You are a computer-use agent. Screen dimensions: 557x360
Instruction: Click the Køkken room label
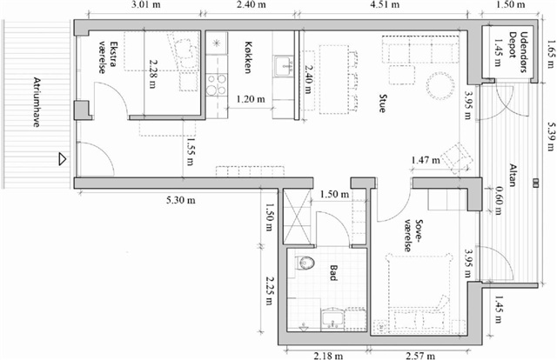click(x=248, y=57)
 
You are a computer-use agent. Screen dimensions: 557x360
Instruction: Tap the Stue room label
click(x=382, y=103)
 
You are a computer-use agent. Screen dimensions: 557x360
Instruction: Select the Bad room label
click(x=333, y=273)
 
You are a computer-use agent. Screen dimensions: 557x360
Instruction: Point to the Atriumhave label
click(x=37, y=102)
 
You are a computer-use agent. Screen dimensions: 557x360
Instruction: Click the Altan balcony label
click(x=513, y=175)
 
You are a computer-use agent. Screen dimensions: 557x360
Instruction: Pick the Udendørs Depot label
click(x=518, y=52)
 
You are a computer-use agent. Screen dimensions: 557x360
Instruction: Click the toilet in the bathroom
click(x=305, y=263)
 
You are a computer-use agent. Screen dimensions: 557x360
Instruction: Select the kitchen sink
click(x=284, y=66)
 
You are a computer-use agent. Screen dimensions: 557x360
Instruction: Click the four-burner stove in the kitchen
click(x=217, y=84)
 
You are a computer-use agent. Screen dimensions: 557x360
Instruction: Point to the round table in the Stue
click(x=440, y=87)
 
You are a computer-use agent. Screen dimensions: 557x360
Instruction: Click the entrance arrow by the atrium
click(x=63, y=159)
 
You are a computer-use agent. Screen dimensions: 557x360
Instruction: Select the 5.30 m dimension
click(x=181, y=200)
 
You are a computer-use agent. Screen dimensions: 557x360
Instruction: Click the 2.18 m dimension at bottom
click(x=329, y=356)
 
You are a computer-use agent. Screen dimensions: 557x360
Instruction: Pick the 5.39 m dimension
click(x=551, y=137)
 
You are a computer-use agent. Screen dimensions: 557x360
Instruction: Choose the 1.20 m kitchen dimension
click(x=251, y=99)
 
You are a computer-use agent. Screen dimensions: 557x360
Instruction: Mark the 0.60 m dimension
click(x=498, y=201)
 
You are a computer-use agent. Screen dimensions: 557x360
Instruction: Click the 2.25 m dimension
click(x=269, y=290)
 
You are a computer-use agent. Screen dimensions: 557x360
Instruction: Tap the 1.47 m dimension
click(x=426, y=160)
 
